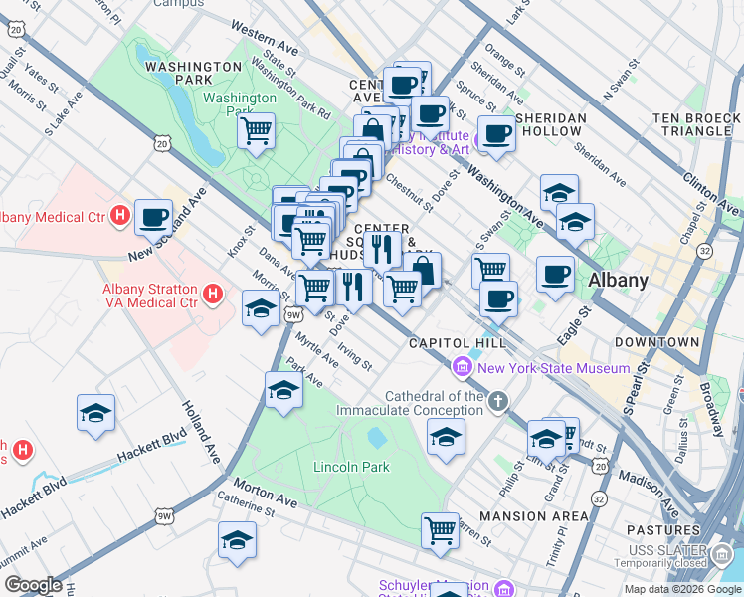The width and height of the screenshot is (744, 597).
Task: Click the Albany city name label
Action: point(618,280)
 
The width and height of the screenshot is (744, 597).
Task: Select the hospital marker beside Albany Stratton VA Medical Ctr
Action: point(212,294)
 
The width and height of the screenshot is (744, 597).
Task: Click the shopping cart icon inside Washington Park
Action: point(257,129)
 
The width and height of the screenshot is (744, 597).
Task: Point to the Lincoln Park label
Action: point(351,467)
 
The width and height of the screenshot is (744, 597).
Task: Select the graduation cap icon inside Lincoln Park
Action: point(446,436)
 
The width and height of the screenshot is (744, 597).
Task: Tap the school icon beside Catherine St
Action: point(237,539)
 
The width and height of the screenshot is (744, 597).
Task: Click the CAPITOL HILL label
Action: point(450,343)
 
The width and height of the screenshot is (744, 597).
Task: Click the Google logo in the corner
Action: point(33,585)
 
